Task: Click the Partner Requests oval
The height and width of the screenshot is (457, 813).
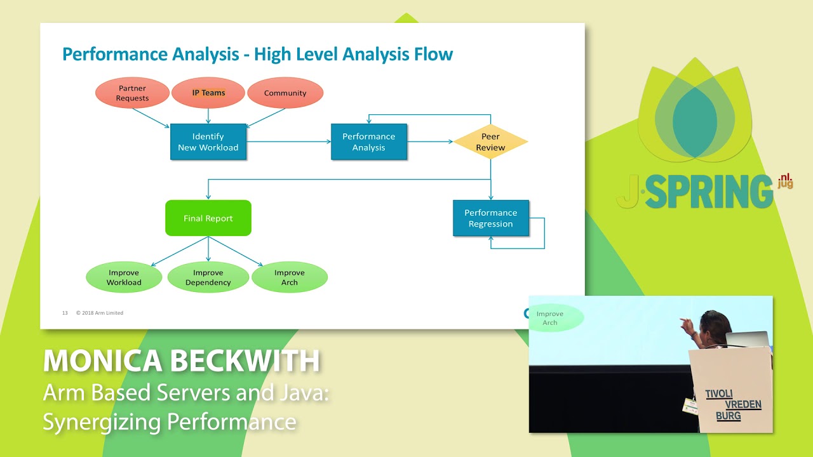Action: pyautogui.click(x=132, y=93)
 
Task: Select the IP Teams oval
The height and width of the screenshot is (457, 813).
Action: pyautogui.click(x=208, y=93)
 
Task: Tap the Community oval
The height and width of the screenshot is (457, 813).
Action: pyautogui.click(x=285, y=93)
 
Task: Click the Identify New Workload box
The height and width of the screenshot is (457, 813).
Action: pyautogui.click(x=208, y=142)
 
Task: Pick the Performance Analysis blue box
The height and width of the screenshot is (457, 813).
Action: pyautogui.click(x=368, y=142)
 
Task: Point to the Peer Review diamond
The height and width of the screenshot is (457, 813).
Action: pyautogui.click(x=490, y=142)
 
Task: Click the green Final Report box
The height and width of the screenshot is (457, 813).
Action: pyautogui.click(x=208, y=218)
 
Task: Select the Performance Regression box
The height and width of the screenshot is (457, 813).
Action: pyautogui.click(x=490, y=218)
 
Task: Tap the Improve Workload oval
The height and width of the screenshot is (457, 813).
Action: pyautogui.click(x=124, y=277)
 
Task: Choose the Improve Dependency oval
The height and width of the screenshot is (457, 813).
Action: pyautogui.click(x=208, y=277)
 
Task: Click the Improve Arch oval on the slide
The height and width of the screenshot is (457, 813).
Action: pyautogui.click(x=290, y=277)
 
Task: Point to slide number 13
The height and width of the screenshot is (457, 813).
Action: pyautogui.click(x=65, y=313)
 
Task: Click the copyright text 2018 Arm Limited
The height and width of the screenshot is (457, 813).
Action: pyautogui.click(x=100, y=313)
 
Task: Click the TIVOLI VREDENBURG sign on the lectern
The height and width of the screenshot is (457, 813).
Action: pyautogui.click(x=733, y=404)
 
